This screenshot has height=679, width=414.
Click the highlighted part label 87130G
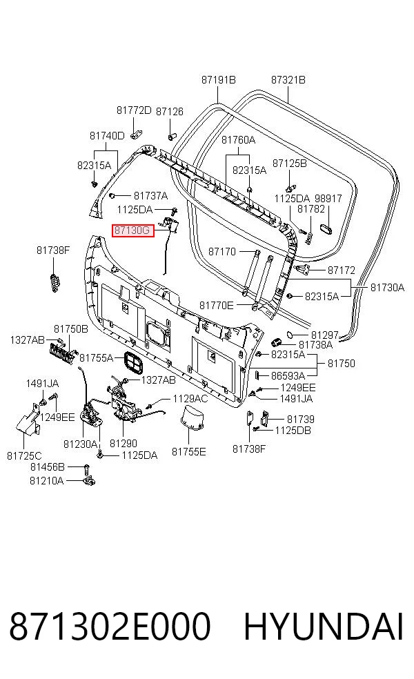click(x=133, y=230)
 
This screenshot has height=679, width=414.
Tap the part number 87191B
click(x=218, y=80)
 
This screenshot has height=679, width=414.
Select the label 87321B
click(x=288, y=80)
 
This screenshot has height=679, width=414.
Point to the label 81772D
click(x=134, y=110)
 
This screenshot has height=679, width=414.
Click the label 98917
click(x=328, y=199)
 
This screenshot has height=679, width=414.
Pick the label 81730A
click(x=387, y=288)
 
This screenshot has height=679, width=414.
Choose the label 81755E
click(x=189, y=452)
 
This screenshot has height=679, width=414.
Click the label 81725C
click(x=24, y=456)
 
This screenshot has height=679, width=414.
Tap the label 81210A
click(x=46, y=481)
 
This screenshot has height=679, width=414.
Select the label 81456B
click(x=47, y=467)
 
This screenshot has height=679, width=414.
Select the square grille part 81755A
click(x=133, y=362)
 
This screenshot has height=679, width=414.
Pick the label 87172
click(x=342, y=270)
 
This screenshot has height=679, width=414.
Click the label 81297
click(x=325, y=335)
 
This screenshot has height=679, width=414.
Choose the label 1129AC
click(x=190, y=399)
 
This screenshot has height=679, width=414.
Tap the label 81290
click(x=124, y=444)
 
